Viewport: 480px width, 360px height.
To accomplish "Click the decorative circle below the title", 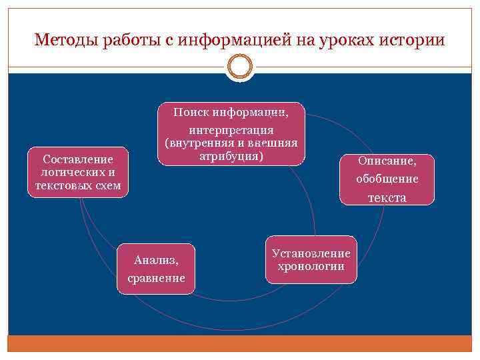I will coord(240,67).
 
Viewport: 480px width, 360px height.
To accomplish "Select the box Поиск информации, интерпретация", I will coord(231,133).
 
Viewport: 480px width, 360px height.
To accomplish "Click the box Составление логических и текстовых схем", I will coord(77,172).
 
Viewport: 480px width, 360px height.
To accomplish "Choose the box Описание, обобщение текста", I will coord(387,179).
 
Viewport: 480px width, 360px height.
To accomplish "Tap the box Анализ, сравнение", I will coord(156,268).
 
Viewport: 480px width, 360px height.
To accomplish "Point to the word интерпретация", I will coord(231,129).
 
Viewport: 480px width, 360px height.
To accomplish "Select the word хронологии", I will coord(311,267).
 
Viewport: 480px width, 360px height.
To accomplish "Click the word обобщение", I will coord(387,179).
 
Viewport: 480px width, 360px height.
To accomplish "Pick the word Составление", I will coord(77,159).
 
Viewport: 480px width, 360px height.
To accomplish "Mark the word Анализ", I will coord(156,259).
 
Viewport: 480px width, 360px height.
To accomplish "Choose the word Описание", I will coord(387,161).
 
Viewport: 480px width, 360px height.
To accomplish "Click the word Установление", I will coord(311,254).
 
